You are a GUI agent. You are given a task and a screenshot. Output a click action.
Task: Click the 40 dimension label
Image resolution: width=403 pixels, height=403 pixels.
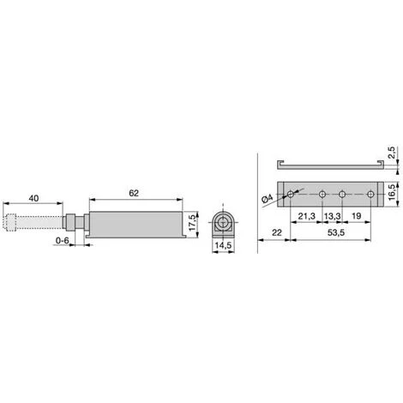click(x=33, y=198)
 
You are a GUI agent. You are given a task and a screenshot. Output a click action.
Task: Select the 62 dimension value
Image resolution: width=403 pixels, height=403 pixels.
click(x=134, y=193)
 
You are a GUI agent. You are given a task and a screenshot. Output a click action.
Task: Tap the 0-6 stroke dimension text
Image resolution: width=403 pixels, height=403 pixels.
click(x=63, y=241)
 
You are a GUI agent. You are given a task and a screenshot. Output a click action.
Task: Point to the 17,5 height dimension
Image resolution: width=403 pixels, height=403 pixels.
click(x=193, y=222)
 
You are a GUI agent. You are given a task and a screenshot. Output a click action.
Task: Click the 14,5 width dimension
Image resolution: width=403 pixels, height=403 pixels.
click(x=224, y=245)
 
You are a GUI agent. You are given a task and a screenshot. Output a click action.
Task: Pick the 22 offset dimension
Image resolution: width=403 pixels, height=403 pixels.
click(x=277, y=232)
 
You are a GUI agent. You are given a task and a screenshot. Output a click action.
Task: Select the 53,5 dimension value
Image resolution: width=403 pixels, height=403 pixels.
click(x=336, y=232)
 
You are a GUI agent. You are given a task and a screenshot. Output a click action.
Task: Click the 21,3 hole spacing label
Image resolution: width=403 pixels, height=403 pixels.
click(x=307, y=216)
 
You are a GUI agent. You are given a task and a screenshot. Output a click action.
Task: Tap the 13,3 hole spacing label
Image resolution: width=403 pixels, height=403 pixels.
click(x=332, y=216)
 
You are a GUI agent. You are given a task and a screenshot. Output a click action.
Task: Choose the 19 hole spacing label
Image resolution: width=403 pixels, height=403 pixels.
click(x=357, y=216)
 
